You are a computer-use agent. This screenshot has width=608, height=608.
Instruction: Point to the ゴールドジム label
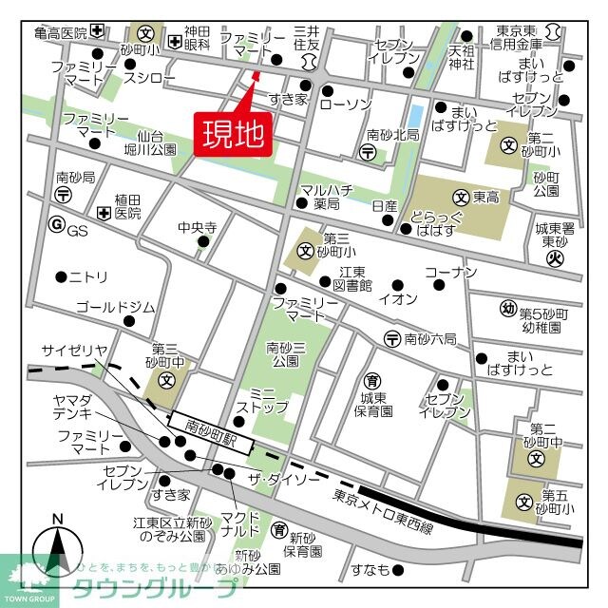pyautogui.click(x=115, y=307)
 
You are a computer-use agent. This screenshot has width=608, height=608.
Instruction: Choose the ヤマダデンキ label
pyautogui.click(x=73, y=406)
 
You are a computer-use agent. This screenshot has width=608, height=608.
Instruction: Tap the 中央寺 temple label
pyautogui.click(x=198, y=228)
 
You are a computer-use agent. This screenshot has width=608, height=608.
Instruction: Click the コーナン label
pyautogui.click(x=450, y=273)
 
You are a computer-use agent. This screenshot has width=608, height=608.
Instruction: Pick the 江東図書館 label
pyautogui.click(x=351, y=278)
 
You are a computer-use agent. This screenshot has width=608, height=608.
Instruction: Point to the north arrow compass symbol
pyautogui.click(x=57, y=551)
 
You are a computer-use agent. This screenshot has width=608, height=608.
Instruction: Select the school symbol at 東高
pyautogui.click(x=461, y=199)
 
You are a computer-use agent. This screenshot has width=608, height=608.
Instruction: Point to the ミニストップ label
pyautogui.click(x=255, y=400)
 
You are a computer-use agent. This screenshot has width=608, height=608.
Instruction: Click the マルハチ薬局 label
pyautogui.click(x=321, y=197)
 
